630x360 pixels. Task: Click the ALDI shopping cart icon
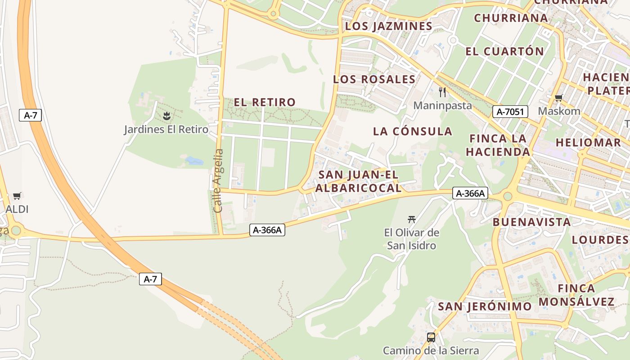click(x=17, y=196)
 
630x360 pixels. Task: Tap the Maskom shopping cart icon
click(x=559, y=98)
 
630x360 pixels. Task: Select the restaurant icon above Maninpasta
click(x=442, y=92)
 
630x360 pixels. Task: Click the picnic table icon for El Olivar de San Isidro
click(x=411, y=220)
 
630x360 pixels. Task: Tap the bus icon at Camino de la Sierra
click(x=431, y=337)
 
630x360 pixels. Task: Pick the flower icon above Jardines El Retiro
click(x=166, y=117)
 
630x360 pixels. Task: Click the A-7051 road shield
click(x=510, y=112)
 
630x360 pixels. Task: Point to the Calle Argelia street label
click(x=218, y=180)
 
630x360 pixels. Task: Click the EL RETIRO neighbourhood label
click(x=265, y=102)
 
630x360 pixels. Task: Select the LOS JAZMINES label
click(x=389, y=26)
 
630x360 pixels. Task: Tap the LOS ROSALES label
click(x=374, y=79)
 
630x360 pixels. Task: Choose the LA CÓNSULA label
click(x=413, y=131)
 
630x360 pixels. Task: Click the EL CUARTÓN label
click(x=504, y=51)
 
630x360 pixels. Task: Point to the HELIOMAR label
click(x=588, y=143)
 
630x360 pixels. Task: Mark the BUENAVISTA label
click(x=531, y=222)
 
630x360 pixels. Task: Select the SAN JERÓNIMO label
click(x=485, y=306)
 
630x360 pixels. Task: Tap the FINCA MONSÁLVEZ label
click(x=576, y=295)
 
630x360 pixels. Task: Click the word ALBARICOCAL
click(x=358, y=188)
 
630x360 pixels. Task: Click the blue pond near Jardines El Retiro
click(x=194, y=160)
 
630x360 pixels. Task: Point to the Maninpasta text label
click(x=442, y=106)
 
